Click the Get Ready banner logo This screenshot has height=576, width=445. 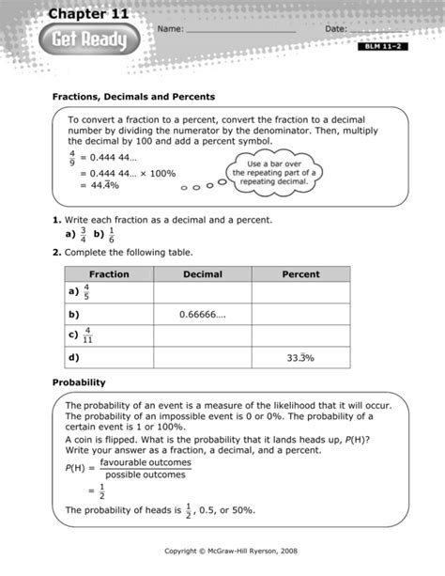[x=89, y=40]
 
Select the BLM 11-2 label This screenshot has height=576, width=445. [x=382, y=46]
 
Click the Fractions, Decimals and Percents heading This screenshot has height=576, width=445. [x=133, y=97]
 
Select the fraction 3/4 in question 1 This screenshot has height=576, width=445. [x=84, y=234]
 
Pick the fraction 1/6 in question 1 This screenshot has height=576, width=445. [x=111, y=234]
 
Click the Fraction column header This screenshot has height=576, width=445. [x=109, y=274]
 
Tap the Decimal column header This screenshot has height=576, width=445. [x=203, y=274]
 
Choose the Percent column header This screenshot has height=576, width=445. [x=300, y=274]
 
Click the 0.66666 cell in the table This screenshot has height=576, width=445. [x=203, y=315]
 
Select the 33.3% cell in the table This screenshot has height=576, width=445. [x=300, y=358]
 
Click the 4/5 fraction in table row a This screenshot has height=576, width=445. [x=86, y=292]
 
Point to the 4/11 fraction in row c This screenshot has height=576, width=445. [x=87, y=335]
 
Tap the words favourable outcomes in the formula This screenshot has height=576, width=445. [x=146, y=462]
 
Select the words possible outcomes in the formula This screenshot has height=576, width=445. [x=146, y=475]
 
